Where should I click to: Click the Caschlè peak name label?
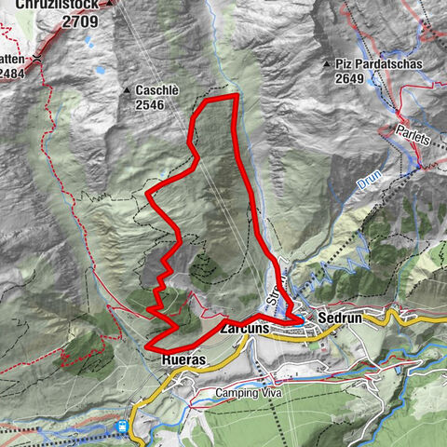click(x=162, y=90)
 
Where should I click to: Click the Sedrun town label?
click(x=339, y=317)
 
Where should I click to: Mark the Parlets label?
click(x=413, y=138)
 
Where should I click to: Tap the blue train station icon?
click(x=121, y=427)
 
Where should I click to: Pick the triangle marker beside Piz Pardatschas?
click(x=326, y=64)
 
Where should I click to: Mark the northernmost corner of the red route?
click(x=235, y=96)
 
